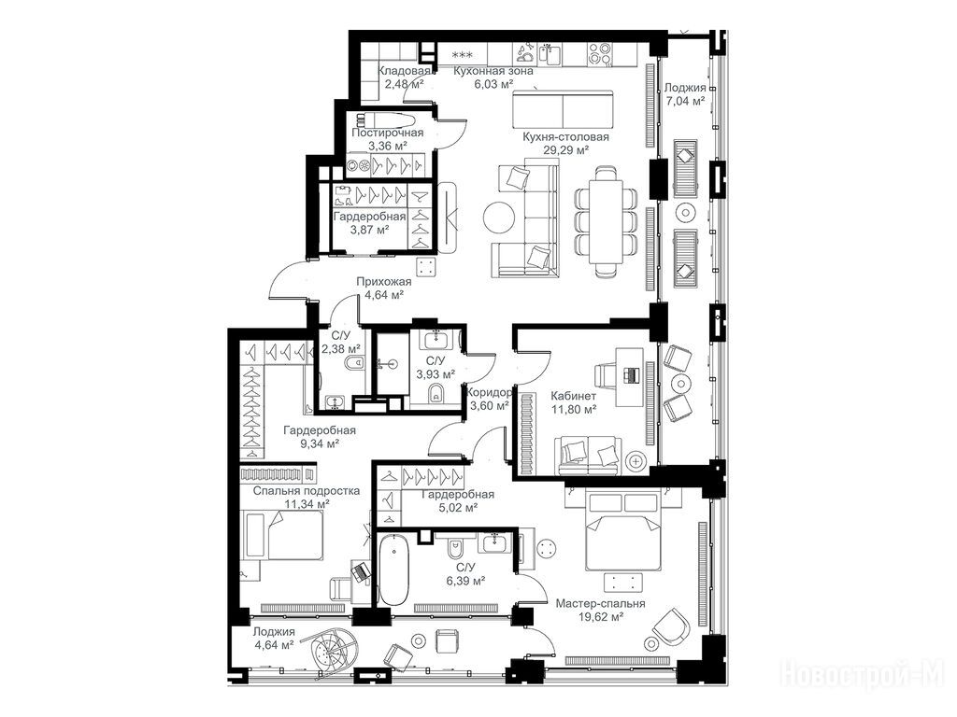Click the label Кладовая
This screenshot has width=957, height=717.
[405, 71]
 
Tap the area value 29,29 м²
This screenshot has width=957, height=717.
[565, 150]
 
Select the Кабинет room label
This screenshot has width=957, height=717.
[573, 396]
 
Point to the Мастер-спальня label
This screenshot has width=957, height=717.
[600, 604]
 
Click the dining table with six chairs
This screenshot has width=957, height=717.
[607, 222]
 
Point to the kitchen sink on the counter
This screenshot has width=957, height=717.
[550, 53]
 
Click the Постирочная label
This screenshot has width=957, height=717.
[388, 133]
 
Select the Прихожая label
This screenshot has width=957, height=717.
[384, 282]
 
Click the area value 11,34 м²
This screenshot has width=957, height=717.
[307, 503]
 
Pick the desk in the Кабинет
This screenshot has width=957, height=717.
[629, 377]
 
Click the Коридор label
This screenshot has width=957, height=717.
[488, 393]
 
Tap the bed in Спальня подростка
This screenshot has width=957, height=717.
[282, 535]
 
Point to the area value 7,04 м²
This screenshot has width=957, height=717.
[685, 101]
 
